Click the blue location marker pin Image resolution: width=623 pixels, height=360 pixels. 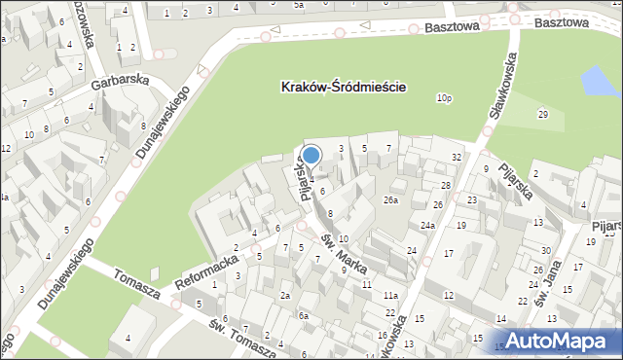(x=311, y=155)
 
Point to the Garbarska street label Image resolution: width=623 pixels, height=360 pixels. (x=121, y=84)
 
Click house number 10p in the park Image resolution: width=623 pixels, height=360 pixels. (x=444, y=98)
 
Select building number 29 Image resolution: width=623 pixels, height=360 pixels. (x=542, y=116)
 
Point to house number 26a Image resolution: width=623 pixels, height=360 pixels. (x=390, y=200)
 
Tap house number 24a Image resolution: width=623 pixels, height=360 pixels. (x=427, y=226)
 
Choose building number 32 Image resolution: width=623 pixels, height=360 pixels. (x=456, y=157)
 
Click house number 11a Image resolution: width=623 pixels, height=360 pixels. (x=390, y=295)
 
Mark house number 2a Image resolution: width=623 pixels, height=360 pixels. (x=285, y=295)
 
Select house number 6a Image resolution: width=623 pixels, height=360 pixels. (x=304, y=315)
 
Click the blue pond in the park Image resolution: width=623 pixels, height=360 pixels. (x=596, y=83)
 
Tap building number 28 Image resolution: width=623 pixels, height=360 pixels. (x=446, y=185)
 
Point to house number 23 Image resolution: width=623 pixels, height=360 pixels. (x=472, y=199)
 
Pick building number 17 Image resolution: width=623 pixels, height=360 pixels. (x=449, y=254)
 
